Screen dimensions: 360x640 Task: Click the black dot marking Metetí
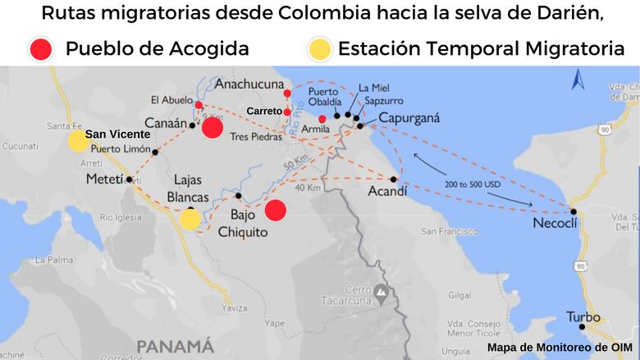pyautogui.click(x=129, y=179)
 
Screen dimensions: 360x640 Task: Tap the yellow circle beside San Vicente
pyautogui.click(x=78, y=141)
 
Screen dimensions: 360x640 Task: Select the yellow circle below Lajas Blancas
pyautogui.click(x=190, y=219)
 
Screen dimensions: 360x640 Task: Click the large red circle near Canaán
pyautogui.click(x=213, y=127)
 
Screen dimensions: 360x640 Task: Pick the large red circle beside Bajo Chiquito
pyautogui.click(x=275, y=210)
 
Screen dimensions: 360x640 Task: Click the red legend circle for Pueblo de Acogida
pyautogui.click(x=39, y=49)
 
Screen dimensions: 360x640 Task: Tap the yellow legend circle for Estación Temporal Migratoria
pyautogui.click(x=319, y=49)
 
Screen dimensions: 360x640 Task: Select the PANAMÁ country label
pyautogui.click(x=176, y=344)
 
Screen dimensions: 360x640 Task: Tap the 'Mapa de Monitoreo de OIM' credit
pyautogui.click(x=559, y=348)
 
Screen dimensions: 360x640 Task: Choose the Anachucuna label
pyautogui.click(x=248, y=83)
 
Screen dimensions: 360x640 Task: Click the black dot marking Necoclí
pyautogui.click(x=574, y=212)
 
